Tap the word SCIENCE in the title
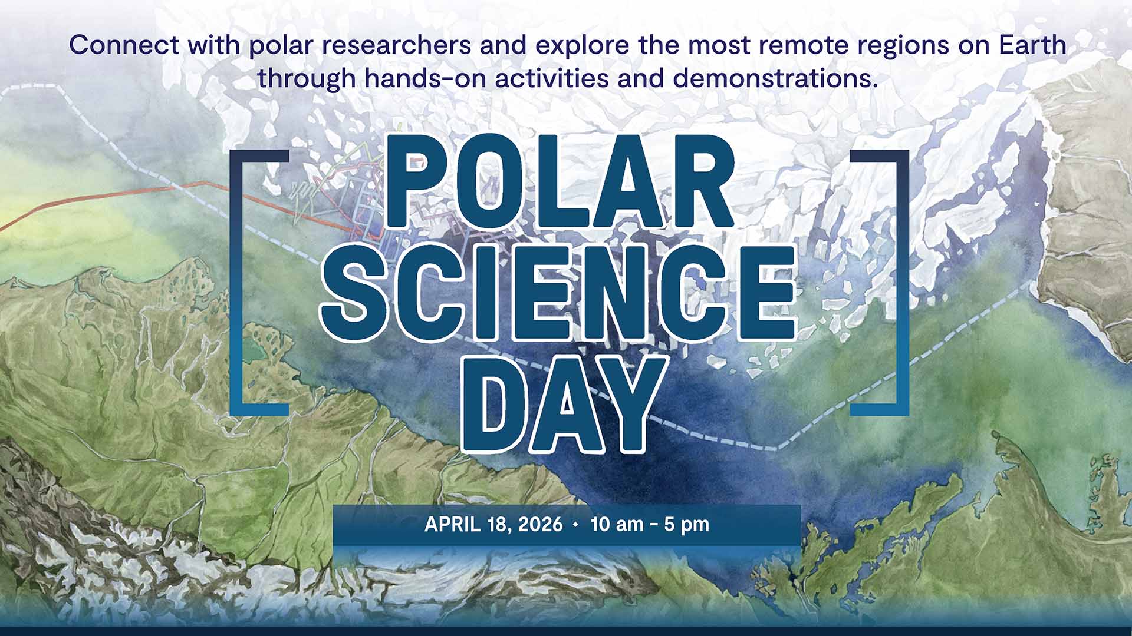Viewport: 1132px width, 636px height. coord(558,291)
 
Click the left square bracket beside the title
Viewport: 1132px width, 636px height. coord(242,283)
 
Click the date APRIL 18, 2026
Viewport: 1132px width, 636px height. coord(493,524)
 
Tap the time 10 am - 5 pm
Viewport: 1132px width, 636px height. coord(650,524)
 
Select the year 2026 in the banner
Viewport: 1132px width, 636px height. coord(540,524)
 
